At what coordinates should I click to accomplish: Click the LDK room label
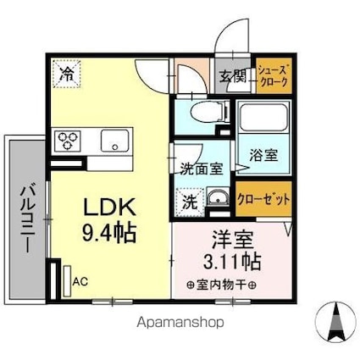tap(108, 207)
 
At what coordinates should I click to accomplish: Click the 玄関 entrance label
tap(233, 80)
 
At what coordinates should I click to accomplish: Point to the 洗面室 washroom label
tap(201, 168)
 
